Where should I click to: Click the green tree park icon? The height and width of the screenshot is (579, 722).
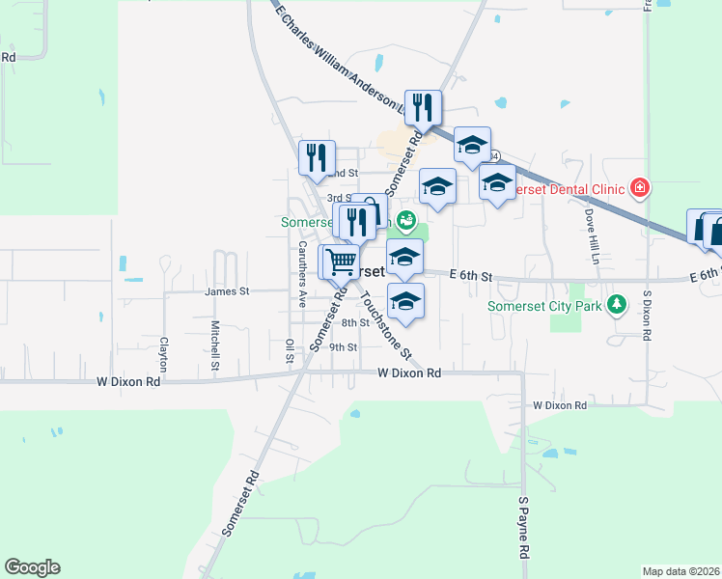coord(615,307)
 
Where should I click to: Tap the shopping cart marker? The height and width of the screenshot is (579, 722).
coord(340,261)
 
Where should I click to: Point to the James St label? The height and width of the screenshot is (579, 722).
coord(227,290)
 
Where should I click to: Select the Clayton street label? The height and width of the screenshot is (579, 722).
coord(164,354)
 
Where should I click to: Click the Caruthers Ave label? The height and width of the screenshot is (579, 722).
coord(301,274)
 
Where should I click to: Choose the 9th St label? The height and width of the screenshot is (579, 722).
coord(344,347)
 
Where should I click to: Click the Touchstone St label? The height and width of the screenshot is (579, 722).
coord(386,322)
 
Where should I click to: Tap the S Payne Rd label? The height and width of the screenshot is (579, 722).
coord(523,528)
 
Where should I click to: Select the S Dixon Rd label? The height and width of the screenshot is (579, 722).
coord(648,315)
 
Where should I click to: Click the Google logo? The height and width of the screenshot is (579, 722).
coord(32,567)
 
